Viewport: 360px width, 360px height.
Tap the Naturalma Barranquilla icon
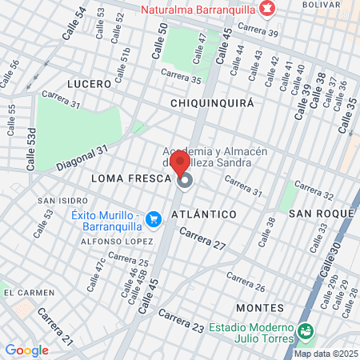pyautogui.click(x=268, y=11)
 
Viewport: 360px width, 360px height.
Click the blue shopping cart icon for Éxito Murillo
pyautogui.click(x=155, y=218)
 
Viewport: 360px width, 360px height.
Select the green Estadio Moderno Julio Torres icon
pyautogui.click(x=304, y=330)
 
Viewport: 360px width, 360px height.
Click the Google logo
pyautogui.click(x=26, y=350)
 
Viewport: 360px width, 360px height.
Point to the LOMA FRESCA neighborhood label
pyautogui.click(x=131, y=178)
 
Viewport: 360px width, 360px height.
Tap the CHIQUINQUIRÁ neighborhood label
pyautogui.click(x=212, y=103)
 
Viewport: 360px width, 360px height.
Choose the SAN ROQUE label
pyautogui.click(x=321, y=214)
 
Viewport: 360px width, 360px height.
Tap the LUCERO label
pyautogui.click(x=87, y=84)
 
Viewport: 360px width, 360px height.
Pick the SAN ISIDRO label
pyautogui.click(x=57, y=200)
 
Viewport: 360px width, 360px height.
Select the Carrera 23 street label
pyautogui.click(x=181, y=319)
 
